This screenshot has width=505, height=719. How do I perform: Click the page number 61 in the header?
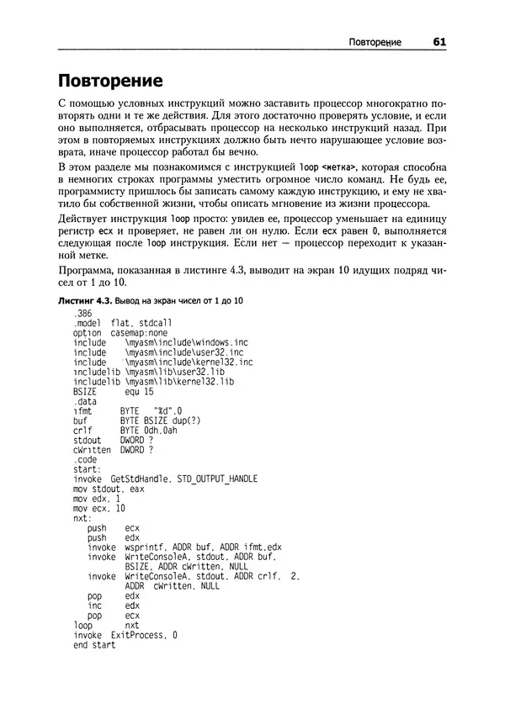(439, 42)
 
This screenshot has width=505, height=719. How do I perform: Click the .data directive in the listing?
(85, 403)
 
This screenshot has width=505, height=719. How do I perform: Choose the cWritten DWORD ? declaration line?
(113, 451)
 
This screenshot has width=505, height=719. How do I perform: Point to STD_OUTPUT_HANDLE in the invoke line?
(217, 479)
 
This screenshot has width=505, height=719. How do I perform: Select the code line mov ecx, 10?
(98, 509)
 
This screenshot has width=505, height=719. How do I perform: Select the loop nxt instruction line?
(106, 626)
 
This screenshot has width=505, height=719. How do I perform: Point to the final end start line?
(94, 646)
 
